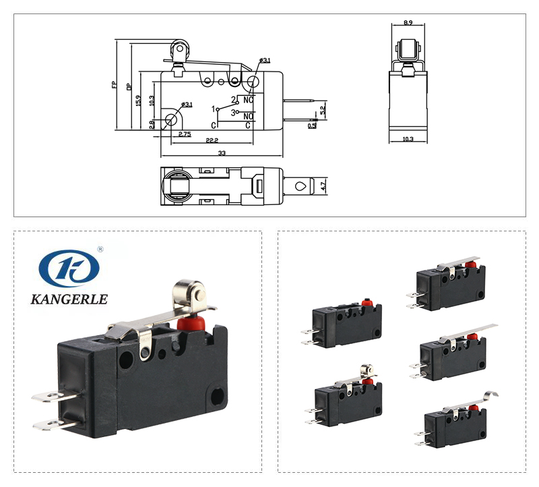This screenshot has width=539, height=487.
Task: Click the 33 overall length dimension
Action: tap(222, 153)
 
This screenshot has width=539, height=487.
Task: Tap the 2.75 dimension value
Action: tap(184, 134)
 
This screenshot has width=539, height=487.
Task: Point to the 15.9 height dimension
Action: tap(138, 100)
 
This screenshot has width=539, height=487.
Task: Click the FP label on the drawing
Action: tap(115, 85)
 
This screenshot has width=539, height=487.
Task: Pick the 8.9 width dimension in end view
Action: tap(408, 23)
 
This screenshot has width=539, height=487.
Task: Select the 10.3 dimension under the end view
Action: tap(408, 139)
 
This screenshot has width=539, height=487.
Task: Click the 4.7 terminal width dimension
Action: tap(323, 184)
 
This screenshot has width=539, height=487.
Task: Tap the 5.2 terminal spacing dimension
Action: tap(323, 109)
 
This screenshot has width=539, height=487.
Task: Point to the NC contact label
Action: tap(248, 100)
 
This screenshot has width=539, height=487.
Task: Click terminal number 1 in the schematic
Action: tap(214, 109)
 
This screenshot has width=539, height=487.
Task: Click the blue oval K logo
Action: tap(69, 268)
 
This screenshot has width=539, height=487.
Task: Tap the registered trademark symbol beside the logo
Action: tap(100, 249)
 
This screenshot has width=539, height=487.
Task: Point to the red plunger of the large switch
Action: tap(189, 322)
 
